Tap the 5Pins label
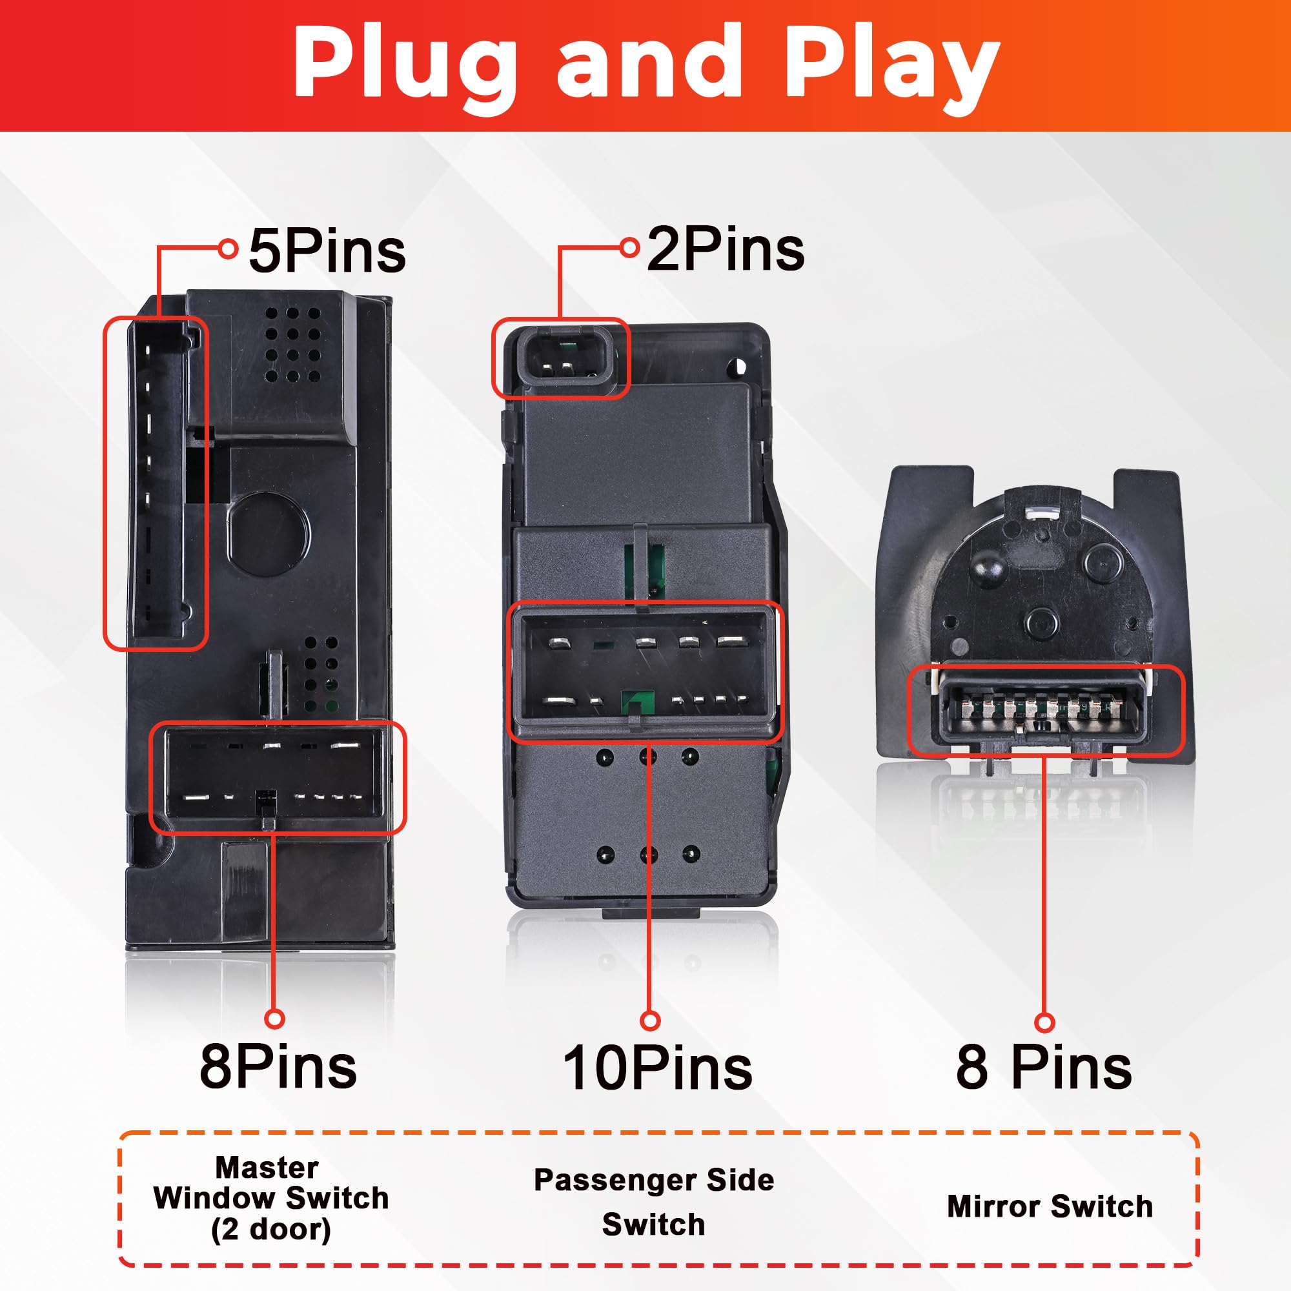pyautogui.click(x=327, y=251)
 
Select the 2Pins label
pyautogui.click(x=726, y=250)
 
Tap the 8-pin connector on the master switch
pyautogui.click(x=274, y=777)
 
